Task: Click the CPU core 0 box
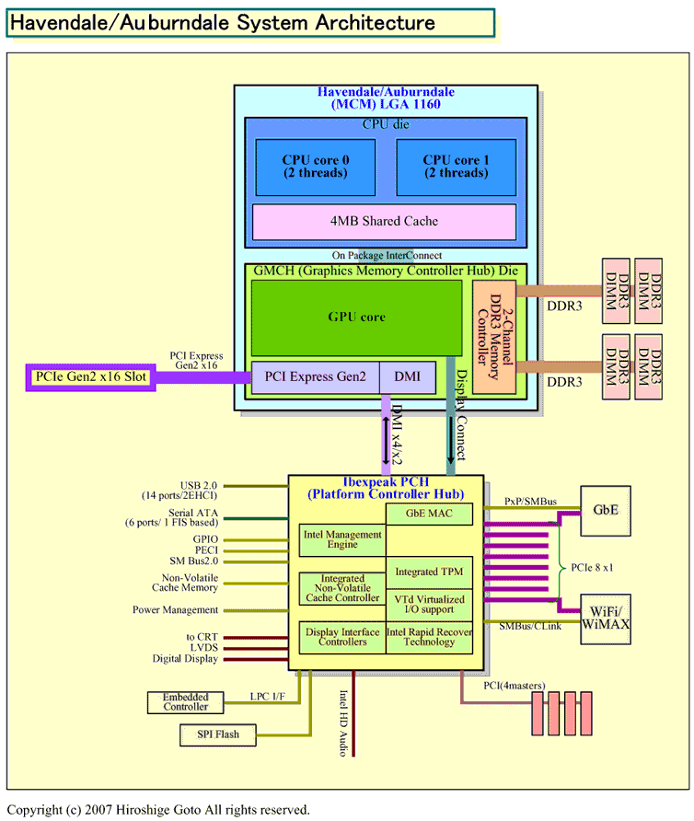point(315,167)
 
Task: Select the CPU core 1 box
point(456,167)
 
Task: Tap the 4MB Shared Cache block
point(384,221)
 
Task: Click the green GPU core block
point(356,317)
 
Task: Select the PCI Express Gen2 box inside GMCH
point(315,376)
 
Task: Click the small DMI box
point(409,376)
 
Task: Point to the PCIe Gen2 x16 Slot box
point(90,377)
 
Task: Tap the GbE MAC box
point(428,514)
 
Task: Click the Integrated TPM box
point(428,572)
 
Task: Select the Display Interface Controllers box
point(341,636)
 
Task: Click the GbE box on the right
point(605,509)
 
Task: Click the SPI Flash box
point(218,734)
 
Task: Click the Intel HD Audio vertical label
point(341,723)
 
